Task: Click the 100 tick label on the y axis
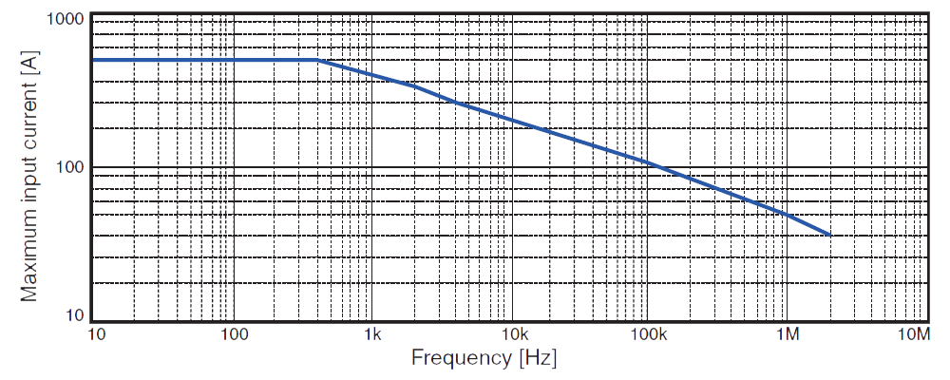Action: pyautogui.click(x=73, y=168)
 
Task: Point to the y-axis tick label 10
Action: pyautogui.click(x=77, y=315)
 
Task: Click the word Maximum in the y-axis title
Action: pyautogui.click(x=30, y=252)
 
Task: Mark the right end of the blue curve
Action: pyautogui.click(x=830, y=235)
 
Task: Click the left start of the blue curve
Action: pyautogui.click(x=93, y=60)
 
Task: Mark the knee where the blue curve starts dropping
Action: pyautogui.click(x=317, y=61)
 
